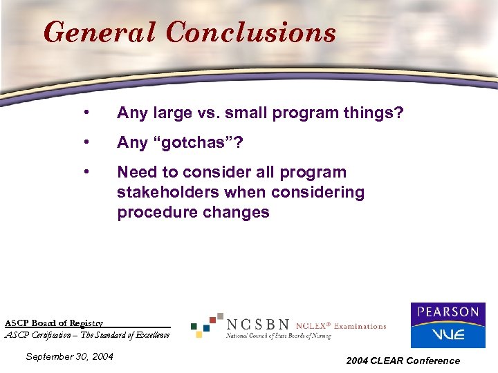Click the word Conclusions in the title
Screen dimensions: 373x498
[251, 32]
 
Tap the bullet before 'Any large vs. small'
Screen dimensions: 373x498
[84, 113]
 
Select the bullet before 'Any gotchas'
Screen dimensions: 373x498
[84, 142]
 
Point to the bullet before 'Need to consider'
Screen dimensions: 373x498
[84, 172]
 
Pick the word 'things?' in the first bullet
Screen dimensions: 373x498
[376, 113]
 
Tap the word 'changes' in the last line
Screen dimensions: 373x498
[239, 213]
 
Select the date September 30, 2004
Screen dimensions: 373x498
[69, 356]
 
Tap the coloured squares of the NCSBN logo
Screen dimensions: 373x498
[207, 325]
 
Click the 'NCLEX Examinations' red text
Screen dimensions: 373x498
[341, 326]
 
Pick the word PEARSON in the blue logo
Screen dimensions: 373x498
[448, 312]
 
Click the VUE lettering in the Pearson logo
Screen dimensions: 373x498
[448, 334]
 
